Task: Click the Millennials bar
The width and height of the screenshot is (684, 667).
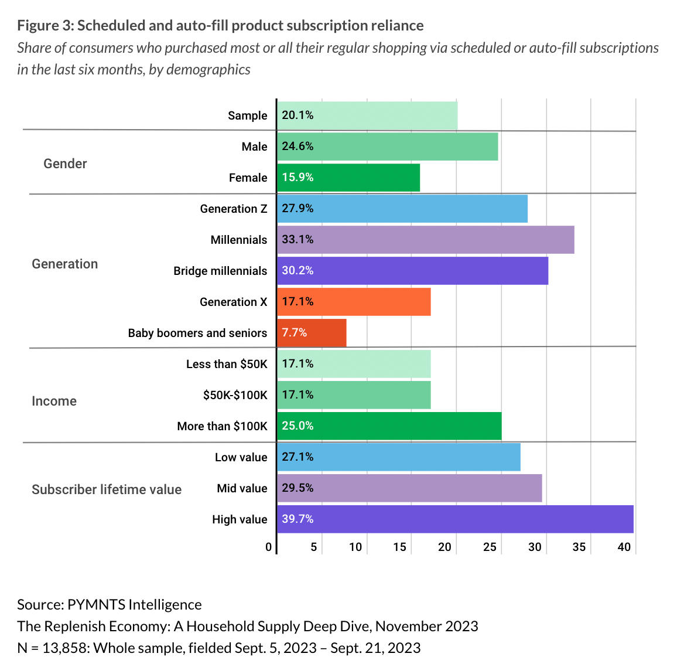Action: (x=426, y=240)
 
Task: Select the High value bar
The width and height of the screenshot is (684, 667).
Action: (x=456, y=519)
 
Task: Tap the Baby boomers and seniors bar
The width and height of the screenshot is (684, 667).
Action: (x=312, y=333)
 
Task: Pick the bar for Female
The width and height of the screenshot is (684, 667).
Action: (x=348, y=178)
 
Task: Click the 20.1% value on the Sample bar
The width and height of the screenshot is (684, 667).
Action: (x=297, y=115)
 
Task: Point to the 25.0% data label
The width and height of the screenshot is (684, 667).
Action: (x=297, y=426)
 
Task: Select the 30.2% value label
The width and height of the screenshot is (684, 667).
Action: (x=297, y=271)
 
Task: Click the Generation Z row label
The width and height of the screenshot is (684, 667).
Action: (x=234, y=209)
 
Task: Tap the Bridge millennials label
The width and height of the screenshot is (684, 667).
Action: (x=220, y=271)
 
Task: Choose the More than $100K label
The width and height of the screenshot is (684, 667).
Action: (x=222, y=426)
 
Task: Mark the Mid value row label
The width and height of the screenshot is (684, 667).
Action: (x=242, y=488)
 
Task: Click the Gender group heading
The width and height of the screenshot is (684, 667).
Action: (x=65, y=164)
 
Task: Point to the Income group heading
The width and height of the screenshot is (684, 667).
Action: (x=54, y=401)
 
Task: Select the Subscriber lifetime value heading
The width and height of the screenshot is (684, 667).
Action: (x=107, y=490)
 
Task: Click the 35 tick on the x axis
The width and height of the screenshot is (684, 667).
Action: (x=579, y=547)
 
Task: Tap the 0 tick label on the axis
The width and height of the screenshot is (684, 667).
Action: (x=268, y=547)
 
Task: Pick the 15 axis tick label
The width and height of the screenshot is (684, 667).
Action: (x=399, y=547)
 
